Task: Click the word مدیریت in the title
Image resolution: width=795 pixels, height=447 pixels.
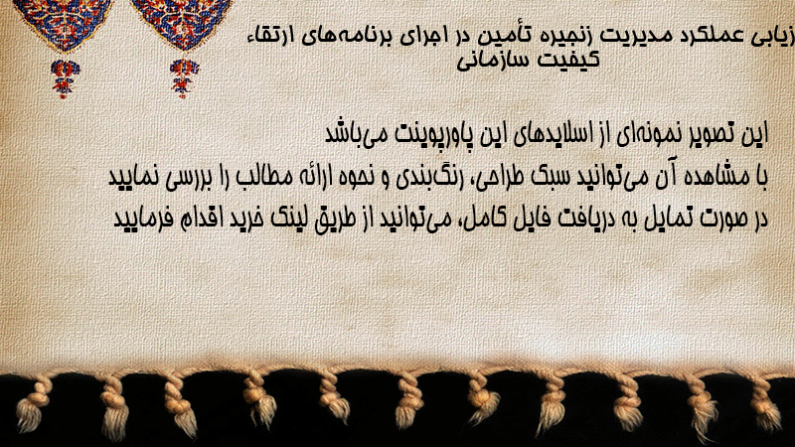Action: click(629, 37)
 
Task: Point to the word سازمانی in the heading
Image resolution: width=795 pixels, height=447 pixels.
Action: click(492, 61)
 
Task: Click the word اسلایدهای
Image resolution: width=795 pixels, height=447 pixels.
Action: click(550, 134)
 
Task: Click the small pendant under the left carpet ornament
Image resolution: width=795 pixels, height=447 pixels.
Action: click(65, 78)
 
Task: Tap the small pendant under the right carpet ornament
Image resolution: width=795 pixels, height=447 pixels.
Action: click(184, 78)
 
